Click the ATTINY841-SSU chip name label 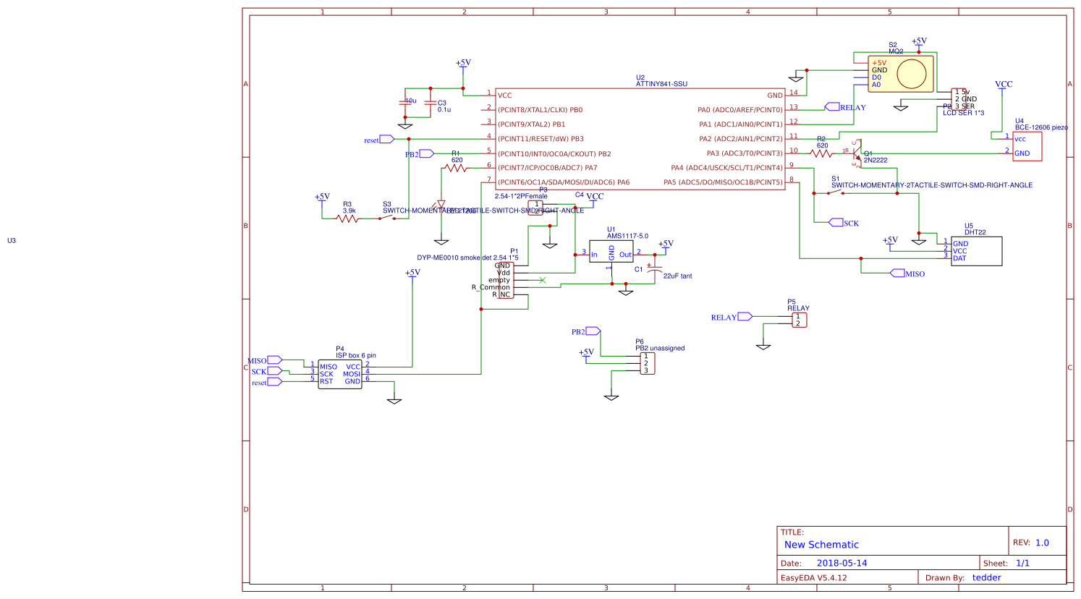click(661, 84)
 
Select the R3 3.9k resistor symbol click(347, 218)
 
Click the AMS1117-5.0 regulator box click(611, 252)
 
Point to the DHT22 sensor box click(976, 251)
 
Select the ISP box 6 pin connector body click(340, 374)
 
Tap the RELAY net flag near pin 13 click(833, 107)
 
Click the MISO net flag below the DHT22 click(897, 273)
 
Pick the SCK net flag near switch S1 click(836, 223)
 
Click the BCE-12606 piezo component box click(1027, 146)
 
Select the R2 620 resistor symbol click(821, 153)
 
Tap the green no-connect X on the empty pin click(543, 280)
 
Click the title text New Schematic click(821, 545)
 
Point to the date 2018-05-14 click(842, 563)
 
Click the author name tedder click(986, 577)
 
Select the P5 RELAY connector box click(799, 320)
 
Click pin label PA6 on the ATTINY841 click(622, 182)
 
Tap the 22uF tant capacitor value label click(677, 276)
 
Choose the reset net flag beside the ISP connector click(274, 382)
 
